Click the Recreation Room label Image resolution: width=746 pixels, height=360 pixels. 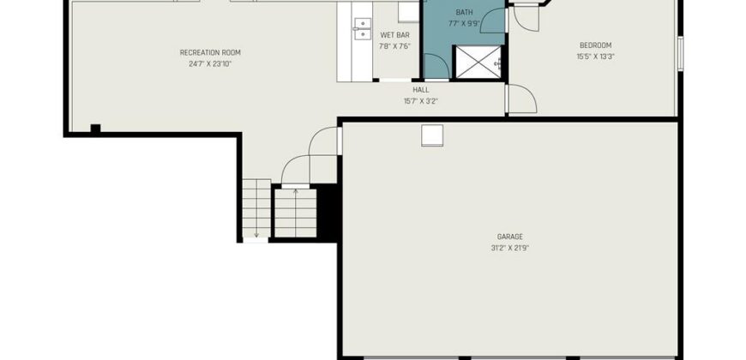tap(210, 52)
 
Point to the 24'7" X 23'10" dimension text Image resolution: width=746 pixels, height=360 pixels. tap(210, 63)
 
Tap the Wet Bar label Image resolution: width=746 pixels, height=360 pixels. tap(395, 35)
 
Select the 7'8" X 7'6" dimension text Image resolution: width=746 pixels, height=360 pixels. tap(395, 46)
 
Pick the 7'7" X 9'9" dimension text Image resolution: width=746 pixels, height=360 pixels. tap(464, 23)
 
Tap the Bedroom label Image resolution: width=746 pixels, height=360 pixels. tap(595, 45)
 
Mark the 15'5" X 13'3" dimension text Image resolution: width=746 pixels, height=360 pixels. tap(595, 57)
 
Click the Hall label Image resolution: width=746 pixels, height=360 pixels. tap(420, 89)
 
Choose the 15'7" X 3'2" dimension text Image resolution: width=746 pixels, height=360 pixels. tap(420, 101)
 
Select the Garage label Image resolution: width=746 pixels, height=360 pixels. tap(510, 237)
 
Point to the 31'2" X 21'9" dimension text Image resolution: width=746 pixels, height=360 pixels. tap(510, 248)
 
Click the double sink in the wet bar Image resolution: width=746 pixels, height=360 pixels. tap(363, 29)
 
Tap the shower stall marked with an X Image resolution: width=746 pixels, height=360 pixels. tap(478, 62)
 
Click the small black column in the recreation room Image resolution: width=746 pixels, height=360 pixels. tap(96, 129)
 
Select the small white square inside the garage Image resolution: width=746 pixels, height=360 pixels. tap(432, 135)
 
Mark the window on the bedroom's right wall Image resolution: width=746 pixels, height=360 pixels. tap(680, 54)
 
